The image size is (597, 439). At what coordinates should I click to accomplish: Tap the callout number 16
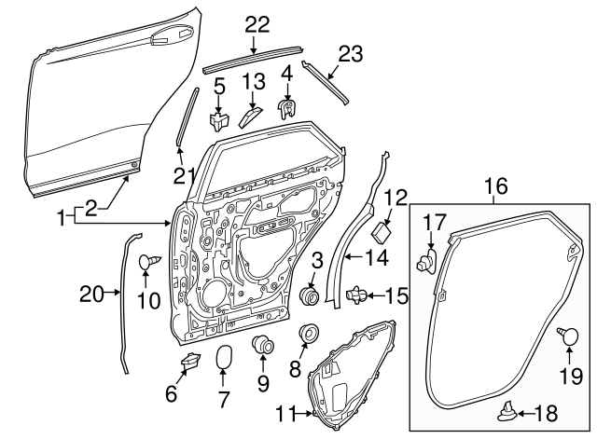click(x=496, y=186)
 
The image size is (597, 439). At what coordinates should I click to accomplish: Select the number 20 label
click(x=90, y=295)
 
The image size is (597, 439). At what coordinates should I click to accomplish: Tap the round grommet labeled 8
click(x=306, y=334)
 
